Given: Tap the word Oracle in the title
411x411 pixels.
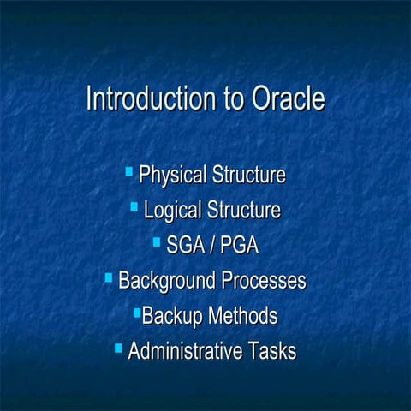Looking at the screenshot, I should (289, 98).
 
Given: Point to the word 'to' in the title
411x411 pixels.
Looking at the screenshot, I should (234, 99).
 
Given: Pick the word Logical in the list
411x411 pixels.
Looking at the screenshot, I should (173, 210).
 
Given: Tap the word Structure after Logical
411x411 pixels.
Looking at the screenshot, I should (242, 210).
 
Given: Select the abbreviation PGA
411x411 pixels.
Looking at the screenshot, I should (239, 246).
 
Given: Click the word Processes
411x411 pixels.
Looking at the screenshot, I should (264, 281).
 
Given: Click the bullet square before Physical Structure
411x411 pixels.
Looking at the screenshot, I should (128, 172).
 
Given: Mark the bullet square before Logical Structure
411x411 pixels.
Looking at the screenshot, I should (134, 206).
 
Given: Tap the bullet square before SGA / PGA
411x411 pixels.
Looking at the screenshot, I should (157, 242).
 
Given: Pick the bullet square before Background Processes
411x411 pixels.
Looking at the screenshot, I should (109, 277).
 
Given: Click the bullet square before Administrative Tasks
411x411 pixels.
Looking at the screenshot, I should (118, 348).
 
